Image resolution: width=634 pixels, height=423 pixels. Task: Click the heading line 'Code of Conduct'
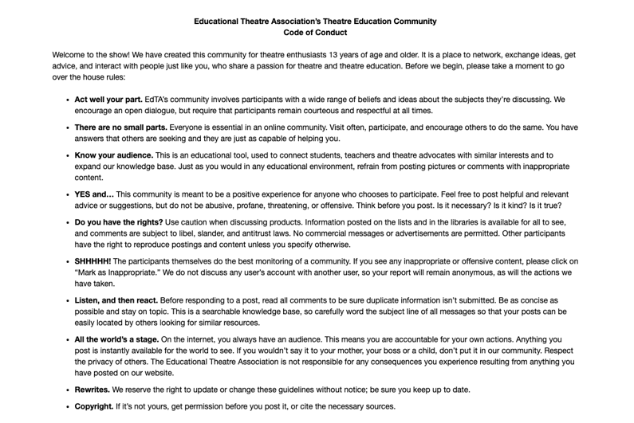(x=315, y=33)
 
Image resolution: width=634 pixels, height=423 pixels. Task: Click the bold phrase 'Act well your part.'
(x=108, y=100)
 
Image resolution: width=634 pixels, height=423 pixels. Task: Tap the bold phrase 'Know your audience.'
(x=114, y=155)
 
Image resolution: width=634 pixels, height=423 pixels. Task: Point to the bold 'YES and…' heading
(x=94, y=194)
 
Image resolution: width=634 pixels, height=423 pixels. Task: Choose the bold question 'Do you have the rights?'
(x=119, y=222)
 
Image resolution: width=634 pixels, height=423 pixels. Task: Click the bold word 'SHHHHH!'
(x=93, y=261)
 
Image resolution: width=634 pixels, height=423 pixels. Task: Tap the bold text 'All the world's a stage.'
(x=117, y=339)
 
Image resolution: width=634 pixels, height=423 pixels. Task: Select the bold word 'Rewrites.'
(x=93, y=390)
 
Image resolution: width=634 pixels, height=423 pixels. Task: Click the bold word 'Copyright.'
(x=94, y=406)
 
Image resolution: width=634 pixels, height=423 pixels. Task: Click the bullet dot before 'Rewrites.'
(x=66, y=390)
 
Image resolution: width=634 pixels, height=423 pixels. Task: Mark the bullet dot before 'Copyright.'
(x=66, y=407)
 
